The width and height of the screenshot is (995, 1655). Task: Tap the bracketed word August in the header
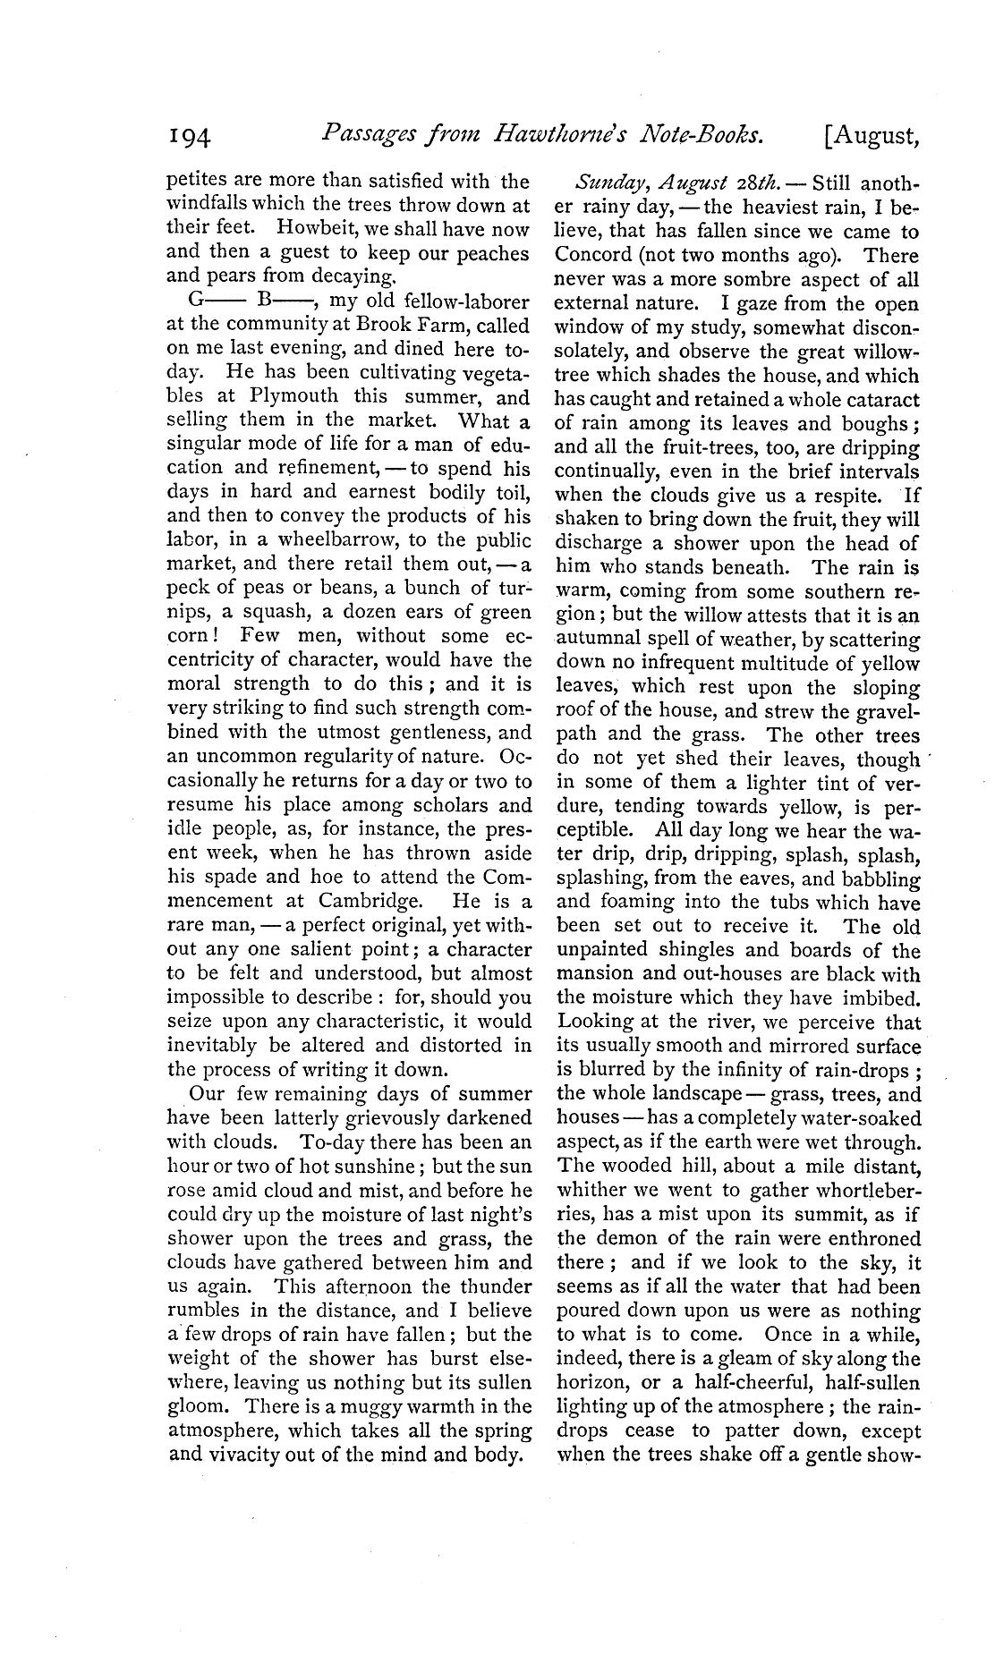tap(868, 137)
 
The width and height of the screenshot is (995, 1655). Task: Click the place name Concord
tap(594, 256)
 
